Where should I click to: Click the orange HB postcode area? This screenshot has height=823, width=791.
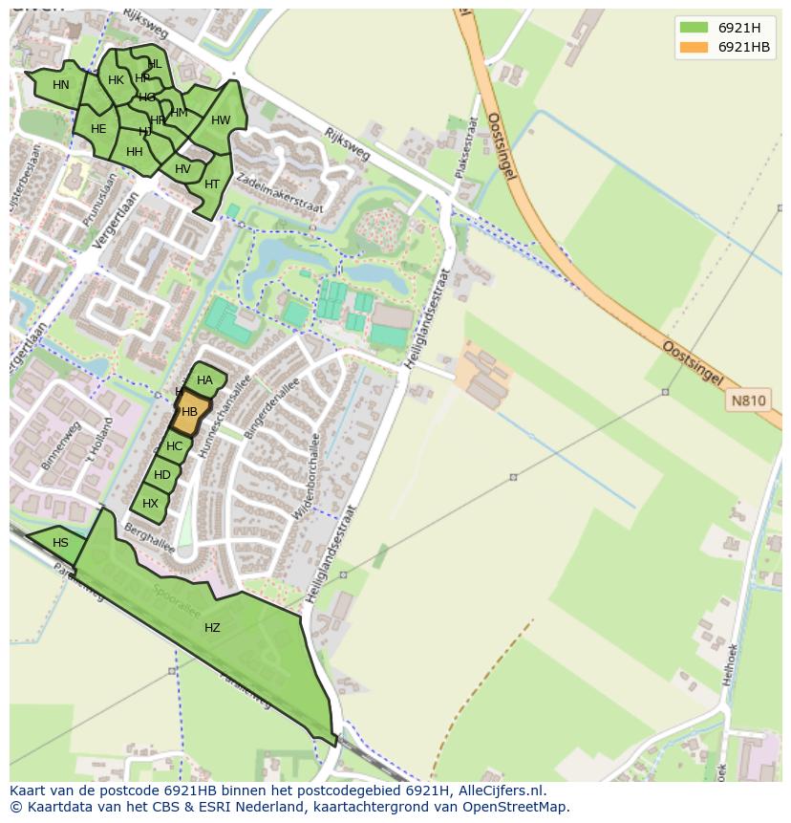tap(190, 413)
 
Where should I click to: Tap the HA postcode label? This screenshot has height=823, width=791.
tap(204, 380)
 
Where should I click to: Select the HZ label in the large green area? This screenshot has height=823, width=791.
tap(212, 628)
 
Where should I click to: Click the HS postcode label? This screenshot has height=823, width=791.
tap(60, 543)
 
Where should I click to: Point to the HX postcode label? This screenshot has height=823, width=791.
tap(150, 504)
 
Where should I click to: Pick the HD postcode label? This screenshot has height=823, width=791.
tap(162, 475)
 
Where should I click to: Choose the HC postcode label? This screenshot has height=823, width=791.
tap(174, 446)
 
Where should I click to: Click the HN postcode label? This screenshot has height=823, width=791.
tap(61, 85)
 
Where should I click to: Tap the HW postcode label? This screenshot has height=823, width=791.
tap(221, 120)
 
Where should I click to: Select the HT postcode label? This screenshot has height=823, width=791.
tap(212, 184)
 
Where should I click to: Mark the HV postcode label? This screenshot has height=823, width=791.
tap(182, 169)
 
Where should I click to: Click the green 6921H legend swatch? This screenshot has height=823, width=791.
tap(695, 27)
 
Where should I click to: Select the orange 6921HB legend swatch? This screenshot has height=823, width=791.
tap(695, 47)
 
